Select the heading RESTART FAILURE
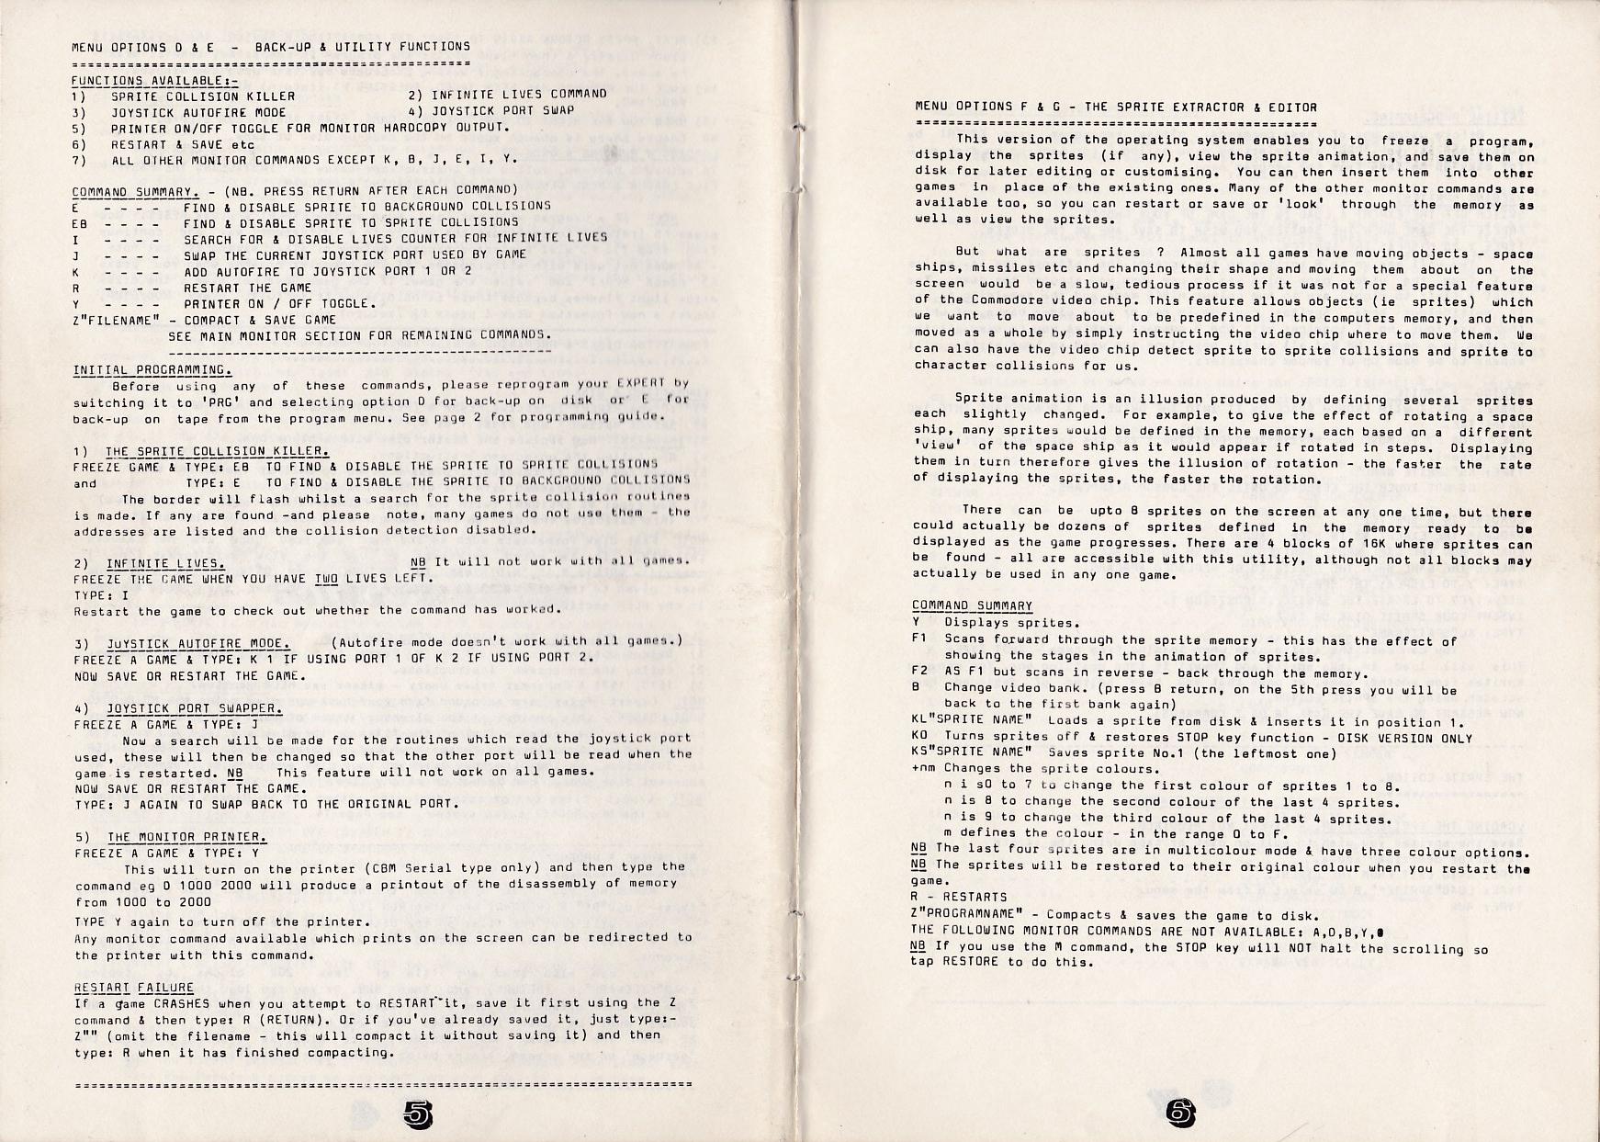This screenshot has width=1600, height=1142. pyautogui.click(x=133, y=987)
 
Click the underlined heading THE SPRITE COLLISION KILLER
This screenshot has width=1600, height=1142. pyautogui.click(x=217, y=451)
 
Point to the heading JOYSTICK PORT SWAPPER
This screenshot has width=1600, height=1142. pyautogui.click(x=195, y=707)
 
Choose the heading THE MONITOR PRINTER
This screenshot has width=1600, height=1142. pyautogui.click(x=187, y=836)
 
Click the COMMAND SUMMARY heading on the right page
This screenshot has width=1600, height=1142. pyautogui.click(x=972, y=605)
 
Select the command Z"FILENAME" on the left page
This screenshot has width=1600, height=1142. pyautogui.click(x=117, y=320)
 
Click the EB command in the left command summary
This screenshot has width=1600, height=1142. pyautogui.click(x=80, y=222)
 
